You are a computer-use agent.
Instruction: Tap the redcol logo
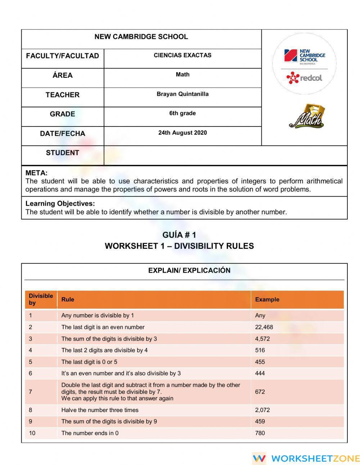point(304,77)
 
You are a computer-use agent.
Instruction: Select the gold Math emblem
point(306,116)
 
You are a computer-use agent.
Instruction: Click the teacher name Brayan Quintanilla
point(183,94)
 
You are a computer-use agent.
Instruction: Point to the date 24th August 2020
point(183,133)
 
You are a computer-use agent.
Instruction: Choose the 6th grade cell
point(183,113)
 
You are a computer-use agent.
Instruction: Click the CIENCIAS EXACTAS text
point(183,55)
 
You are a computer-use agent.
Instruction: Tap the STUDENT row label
point(62,153)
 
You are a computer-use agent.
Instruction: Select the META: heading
point(36,173)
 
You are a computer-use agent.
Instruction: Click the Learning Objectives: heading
point(60,204)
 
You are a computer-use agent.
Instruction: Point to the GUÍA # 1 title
point(179,235)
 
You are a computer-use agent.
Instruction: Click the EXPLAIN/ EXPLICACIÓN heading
point(189,270)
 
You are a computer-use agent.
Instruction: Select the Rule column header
point(68,299)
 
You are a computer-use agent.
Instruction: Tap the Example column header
point(267,299)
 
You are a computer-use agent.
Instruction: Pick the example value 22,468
point(264,327)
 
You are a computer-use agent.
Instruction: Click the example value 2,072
point(262,410)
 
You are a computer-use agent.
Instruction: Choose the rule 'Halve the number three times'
point(100,410)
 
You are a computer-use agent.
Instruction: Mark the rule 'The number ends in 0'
point(90,433)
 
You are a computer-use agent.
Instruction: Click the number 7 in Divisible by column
point(31,392)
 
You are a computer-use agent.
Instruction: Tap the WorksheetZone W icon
point(259,458)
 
